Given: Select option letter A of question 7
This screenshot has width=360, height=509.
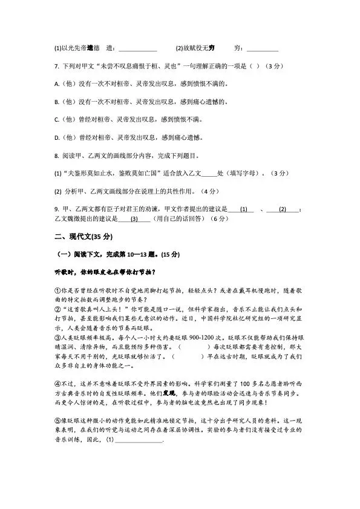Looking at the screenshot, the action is pyautogui.click(x=56, y=84).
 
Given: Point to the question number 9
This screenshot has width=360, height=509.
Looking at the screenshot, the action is pyautogui.click(x=56, y=209).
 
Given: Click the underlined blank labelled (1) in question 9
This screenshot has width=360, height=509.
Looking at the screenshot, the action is pyautogui.click(x=243, y=209).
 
